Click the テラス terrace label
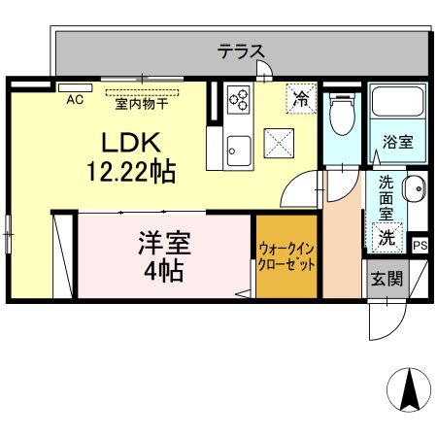(x=241, y=51)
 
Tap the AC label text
(x=75, y=100)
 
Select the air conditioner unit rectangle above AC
(x=76, y=87)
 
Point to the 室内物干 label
(x=142, y=104)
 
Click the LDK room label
(x=131, y=142)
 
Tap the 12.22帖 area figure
(x=131, y=171)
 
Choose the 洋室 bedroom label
(x=165, y=243)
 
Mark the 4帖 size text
(x=164, y=271)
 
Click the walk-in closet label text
(x=286, y=257)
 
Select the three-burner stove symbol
(x=239, y=100)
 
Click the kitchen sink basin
(x=239, y=151)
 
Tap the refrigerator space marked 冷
(x=301, y=98)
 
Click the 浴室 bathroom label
(x=398, y=142)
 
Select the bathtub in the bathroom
(x=398, y=102)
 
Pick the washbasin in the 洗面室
(x=415, y=188)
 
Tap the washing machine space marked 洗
(x=387, y=237)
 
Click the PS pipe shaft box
(x=420, y=245)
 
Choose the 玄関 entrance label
(x=387, y=279)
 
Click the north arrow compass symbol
(x=409, y=390)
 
